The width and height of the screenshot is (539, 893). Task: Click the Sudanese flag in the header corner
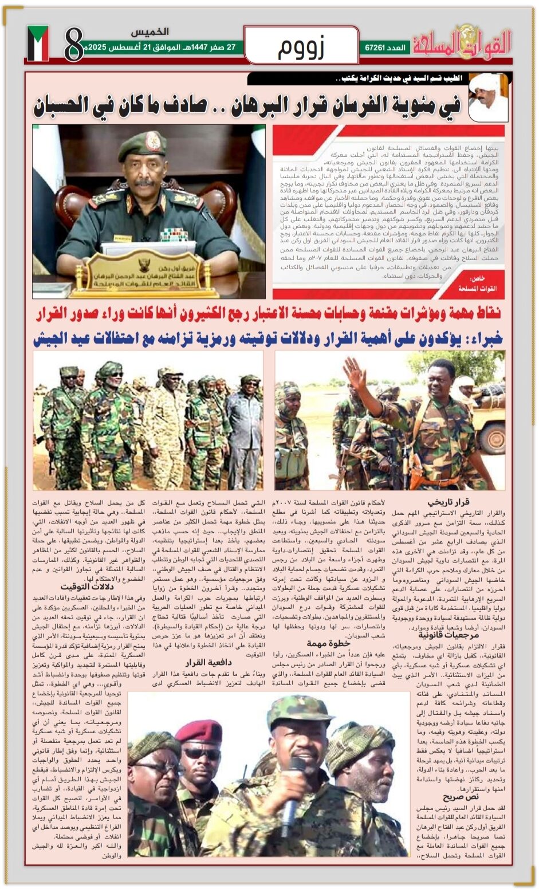coord(38,44)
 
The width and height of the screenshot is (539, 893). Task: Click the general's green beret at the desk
coord(143,145)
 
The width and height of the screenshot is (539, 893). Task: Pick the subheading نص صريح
coord(461,797)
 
